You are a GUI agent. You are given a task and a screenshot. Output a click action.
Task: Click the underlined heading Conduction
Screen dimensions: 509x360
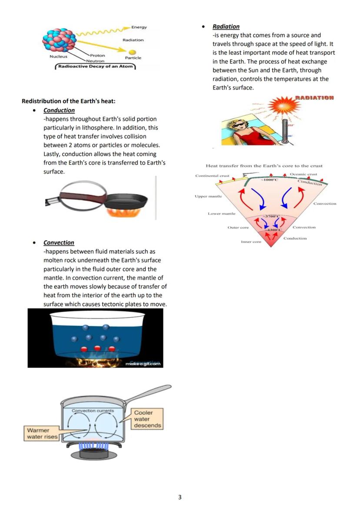pos(59,110)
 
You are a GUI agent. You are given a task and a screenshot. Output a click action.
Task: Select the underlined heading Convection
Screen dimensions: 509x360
pos(59,243)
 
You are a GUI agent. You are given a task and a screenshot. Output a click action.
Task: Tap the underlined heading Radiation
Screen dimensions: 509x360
pos(226,27)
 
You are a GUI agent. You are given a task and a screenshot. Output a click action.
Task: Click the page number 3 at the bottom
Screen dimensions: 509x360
pos(180,497)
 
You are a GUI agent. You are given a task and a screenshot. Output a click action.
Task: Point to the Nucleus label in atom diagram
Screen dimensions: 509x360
pos(58,57)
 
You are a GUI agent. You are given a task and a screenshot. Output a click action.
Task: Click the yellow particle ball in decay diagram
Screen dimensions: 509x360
pos(127,52)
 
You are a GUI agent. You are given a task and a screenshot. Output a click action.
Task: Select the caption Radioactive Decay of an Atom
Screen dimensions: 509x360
pos(95,67)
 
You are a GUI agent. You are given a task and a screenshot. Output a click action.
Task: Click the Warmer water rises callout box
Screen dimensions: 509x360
pos(42,433)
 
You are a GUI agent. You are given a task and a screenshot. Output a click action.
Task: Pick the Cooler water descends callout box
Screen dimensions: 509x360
pos(147,419)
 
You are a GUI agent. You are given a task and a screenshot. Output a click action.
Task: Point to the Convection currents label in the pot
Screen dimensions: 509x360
pos(93,410)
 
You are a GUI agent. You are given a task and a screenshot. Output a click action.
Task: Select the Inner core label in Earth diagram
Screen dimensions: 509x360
pos(251,242)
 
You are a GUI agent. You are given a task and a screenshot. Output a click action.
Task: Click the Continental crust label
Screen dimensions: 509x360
pos(213,176)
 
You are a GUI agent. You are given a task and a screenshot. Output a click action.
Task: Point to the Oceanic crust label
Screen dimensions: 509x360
pos(303,174)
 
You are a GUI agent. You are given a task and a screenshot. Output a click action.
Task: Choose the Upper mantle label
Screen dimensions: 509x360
pos(208,196)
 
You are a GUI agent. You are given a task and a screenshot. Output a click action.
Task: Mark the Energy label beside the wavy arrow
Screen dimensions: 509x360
pos(139,27)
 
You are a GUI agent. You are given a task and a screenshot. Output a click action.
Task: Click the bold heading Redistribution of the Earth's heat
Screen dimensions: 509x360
pos(68,101)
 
